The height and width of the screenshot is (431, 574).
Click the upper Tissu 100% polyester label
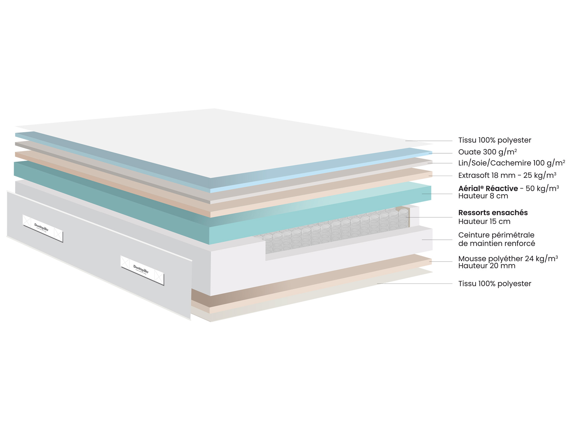(x=495, y=140)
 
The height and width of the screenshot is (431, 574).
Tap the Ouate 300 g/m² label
(x=488, y=152)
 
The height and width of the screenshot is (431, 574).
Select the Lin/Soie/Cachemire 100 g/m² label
(x=512, y=163)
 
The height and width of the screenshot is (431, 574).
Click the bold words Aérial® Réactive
(x=488, y=188)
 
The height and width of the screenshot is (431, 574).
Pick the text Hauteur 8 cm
(x=483, y=196)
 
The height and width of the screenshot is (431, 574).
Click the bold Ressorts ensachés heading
(x=493, y=213)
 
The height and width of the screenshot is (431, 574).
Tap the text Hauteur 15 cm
(x=484, y=221)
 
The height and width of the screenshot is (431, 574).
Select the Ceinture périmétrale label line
(x=496, y=235)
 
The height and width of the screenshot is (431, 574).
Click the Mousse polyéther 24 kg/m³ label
(x=508, y=258)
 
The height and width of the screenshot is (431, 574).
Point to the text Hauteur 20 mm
(x=487, y=266)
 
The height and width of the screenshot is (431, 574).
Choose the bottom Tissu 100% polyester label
(x=495, y=284)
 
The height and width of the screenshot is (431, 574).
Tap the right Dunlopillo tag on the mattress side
(x=142, y=270)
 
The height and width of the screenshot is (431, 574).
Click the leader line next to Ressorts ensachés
(x=430, y=217)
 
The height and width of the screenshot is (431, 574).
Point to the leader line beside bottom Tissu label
(x=415, y=283)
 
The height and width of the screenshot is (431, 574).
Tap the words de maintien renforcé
(x=497, y=244)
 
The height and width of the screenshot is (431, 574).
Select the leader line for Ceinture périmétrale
(x=437, y=240)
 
